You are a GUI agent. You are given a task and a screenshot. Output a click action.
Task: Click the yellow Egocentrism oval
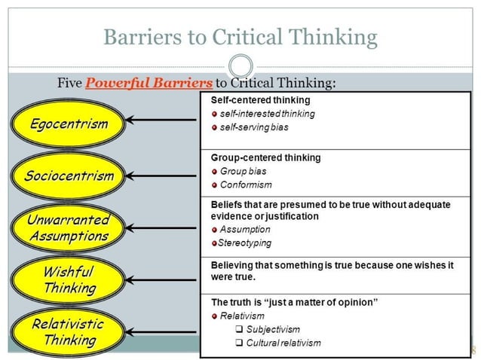click(69, 124)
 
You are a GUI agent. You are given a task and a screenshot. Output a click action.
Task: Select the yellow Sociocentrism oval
click(69, 176)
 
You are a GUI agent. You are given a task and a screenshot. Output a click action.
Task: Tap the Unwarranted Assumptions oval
click(69, 228)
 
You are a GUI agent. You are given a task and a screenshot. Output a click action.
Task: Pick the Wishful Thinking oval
click(69, 279)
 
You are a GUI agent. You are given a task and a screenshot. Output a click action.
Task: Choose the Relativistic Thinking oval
click(69, 331)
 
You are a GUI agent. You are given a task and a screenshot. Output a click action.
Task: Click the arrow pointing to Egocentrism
click(162, 119)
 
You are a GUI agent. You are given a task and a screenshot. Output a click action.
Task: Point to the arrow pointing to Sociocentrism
click(162, 175)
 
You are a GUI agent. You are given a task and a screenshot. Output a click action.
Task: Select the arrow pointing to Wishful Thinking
click(162, 280)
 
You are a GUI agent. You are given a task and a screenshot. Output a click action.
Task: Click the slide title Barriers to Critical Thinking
click(240, 35)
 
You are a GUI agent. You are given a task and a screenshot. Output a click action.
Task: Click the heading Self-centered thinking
click(260, 99)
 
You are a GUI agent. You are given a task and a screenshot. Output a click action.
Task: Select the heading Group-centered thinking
click(265, 157)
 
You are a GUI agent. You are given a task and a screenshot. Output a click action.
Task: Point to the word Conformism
click(246, 185)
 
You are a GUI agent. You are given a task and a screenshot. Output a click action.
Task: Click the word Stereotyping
click(244, 243)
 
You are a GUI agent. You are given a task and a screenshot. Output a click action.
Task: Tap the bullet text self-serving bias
click(254, 127)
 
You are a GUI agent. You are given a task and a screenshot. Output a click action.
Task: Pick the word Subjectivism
click(273, 329)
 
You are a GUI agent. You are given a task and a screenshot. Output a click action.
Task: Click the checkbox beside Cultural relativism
click(238, 343)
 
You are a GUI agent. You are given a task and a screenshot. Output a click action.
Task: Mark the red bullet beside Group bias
click(214, 172)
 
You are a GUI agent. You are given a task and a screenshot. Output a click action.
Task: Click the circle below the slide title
click(240, 65)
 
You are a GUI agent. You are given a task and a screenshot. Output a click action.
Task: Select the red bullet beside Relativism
click(214, 316)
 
